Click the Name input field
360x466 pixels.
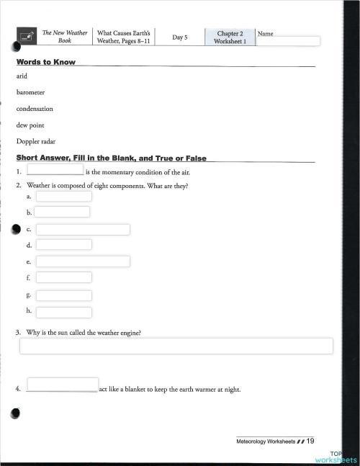[287, 41]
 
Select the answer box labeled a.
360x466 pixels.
[63, 196]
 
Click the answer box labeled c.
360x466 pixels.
[83, 230]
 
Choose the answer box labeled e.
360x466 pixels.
[83, 261]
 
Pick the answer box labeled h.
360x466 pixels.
[63, 312]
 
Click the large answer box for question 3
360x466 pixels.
[176, 346]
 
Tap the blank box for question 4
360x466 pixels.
[63, 385]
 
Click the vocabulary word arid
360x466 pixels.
[22, 76]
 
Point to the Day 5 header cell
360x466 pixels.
[180, 37]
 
